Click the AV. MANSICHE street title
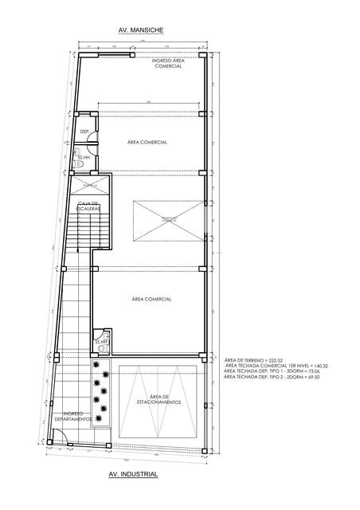coord(140,29)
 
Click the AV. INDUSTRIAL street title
coord(132,475)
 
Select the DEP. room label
coord(84,131)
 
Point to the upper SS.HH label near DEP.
coord(83,158)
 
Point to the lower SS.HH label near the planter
coord(101,343)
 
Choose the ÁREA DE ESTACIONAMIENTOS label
coord(163,399)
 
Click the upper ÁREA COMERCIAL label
coord(147,142)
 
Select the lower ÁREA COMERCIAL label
coord(151,299)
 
